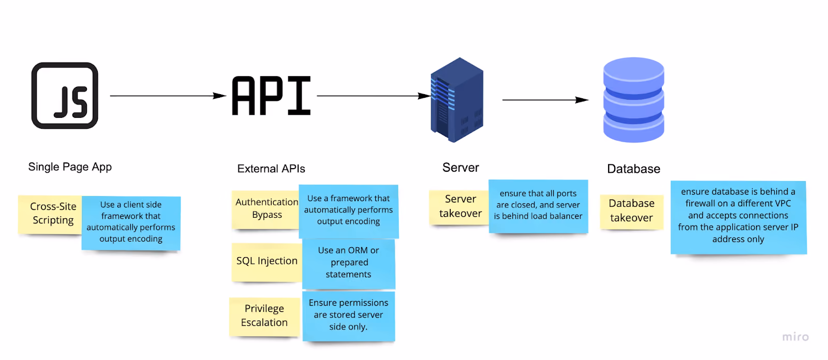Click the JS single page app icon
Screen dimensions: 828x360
point(65,95)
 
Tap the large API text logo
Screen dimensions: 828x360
point(271,96)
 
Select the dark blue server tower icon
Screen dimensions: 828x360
point(457,100)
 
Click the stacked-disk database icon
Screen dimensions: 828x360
point(633,100)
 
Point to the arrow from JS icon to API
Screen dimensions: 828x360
point(168,96)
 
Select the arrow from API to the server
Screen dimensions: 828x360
point(374,96)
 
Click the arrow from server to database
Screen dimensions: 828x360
point(545,100)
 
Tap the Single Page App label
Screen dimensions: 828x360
point(70,167)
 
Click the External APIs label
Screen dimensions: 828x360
point(271,169)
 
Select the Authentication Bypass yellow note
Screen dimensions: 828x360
point(265,209)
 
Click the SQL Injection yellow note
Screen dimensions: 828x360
point(267,262)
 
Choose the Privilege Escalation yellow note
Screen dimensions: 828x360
point(264,317)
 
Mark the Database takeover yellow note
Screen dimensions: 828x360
point(632,212)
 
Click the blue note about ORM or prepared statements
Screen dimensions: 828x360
point(349,263)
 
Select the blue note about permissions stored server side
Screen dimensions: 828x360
point(349,316)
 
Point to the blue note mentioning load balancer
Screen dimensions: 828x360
point(538,206)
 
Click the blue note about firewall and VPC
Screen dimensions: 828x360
point(738,217)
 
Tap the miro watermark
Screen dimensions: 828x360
point(795,337)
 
